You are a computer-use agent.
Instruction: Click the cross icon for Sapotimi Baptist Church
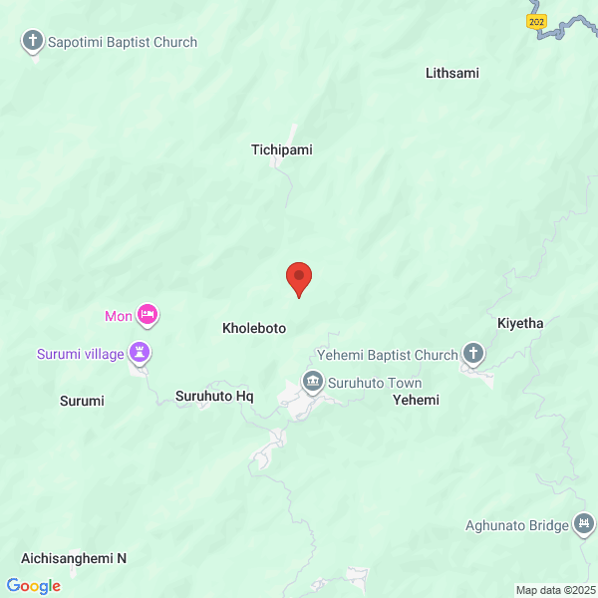click(x=33, y=42)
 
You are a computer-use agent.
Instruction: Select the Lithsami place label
click(x=451, y=73)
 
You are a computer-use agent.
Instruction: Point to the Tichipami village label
click(x=281, y=149)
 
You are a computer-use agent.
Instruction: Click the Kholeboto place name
click(x=254, y=328)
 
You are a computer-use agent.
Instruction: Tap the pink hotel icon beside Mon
click(x=149, y=315)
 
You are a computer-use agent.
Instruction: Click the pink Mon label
click(x=118, y=317)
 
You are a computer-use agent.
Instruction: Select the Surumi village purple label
click(x=81, y=354)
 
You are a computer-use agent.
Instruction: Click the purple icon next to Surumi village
click(x=141, y=353)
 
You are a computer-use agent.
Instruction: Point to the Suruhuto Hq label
click(x=214, y=396)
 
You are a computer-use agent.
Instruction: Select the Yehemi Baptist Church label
click(x=387, y=354)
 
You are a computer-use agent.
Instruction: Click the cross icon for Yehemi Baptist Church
click(x=473, y=354)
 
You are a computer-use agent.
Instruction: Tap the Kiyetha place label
click(x=521, y=324)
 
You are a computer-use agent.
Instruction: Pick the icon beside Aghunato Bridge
click(x=584, y=525)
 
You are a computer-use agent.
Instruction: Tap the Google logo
click(x=33, y=586)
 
